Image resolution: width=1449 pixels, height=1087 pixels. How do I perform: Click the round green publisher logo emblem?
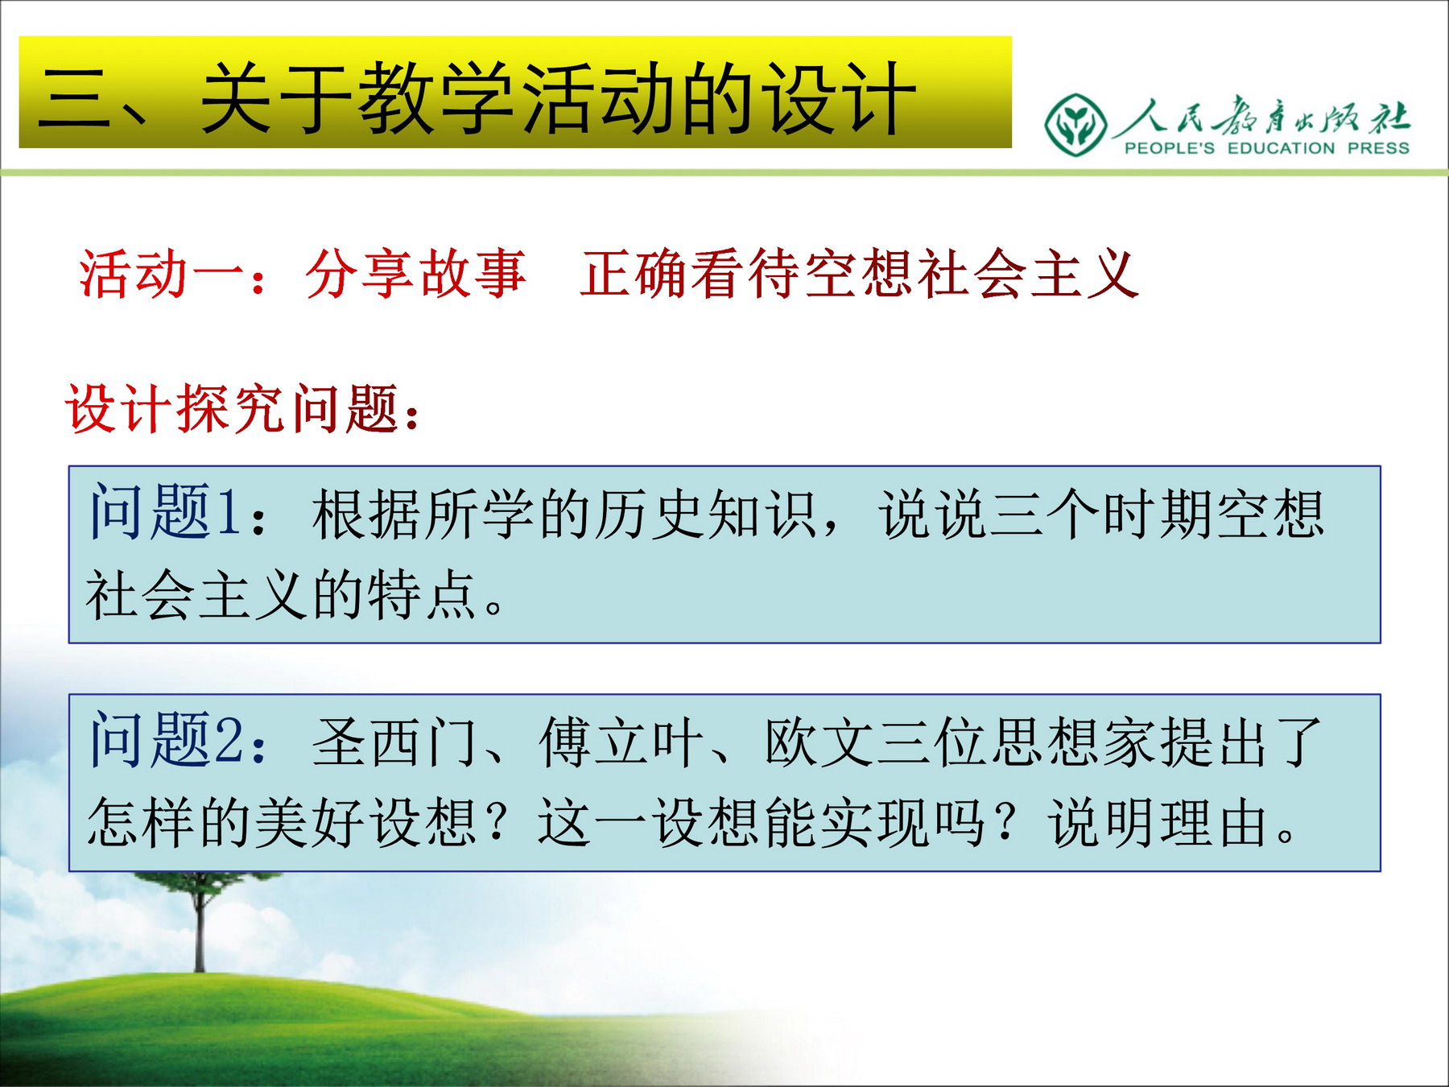coord(1075,124)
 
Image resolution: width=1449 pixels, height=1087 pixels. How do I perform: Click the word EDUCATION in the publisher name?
coord(1281,148)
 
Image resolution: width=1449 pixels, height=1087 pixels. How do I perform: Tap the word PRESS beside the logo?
coord(1378,148)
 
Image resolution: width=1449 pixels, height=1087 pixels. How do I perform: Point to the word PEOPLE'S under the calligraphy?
coord(1169,148)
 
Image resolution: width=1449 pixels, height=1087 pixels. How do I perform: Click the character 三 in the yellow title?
coord(76,98)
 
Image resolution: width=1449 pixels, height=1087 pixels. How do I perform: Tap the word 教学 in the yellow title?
coord(438,98)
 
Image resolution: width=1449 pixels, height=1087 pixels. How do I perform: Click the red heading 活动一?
coord(162,275)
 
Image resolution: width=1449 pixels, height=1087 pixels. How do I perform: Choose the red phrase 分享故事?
coord(416,275)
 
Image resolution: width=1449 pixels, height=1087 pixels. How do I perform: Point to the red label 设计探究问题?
coord(233,409)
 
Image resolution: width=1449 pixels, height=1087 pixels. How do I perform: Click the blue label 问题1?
coord(165,511)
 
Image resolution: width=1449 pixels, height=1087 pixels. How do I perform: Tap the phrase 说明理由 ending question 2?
coord(1160,823)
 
